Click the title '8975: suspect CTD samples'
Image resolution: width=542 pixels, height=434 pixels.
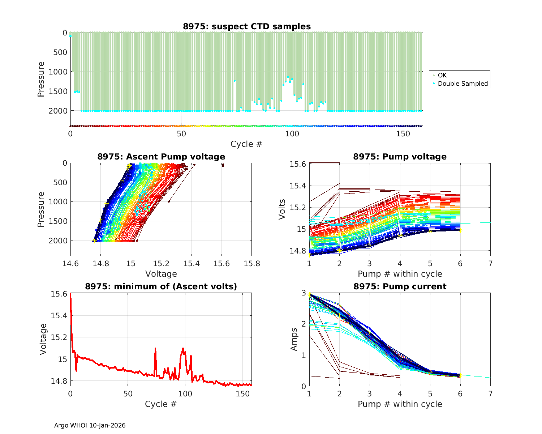point(247,26)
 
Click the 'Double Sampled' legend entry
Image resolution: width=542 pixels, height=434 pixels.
point(463,84)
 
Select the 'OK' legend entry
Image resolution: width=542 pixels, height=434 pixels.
point(442,75)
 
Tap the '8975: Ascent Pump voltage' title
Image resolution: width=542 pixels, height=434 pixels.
point(161,157)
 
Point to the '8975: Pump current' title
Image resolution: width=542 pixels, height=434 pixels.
point(400,286)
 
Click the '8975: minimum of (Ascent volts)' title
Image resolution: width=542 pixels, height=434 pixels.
point(161,286)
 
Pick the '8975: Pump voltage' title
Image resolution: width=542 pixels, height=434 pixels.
point(400,157)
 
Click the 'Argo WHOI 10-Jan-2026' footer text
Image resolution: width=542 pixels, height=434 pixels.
point(90,425)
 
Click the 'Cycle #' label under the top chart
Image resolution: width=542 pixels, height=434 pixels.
point(246,144)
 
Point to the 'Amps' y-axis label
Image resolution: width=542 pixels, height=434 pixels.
point(294,339)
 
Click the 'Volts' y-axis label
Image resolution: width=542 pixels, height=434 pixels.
point(282,209)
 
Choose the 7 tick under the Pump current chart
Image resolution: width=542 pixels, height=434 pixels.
point(490,393)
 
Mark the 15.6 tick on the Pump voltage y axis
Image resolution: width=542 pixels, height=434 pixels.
point(298,164)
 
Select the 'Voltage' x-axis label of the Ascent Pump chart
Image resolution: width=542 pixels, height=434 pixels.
point(161,274)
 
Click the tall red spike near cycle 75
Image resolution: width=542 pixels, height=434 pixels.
point(155,349)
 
